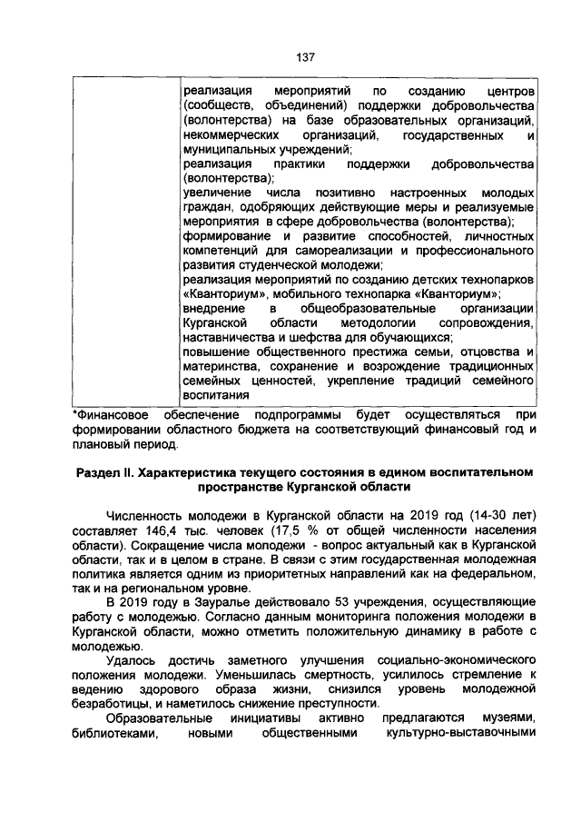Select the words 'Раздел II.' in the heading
(x=105, y=472)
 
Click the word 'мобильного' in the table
(x=352, y=296)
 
